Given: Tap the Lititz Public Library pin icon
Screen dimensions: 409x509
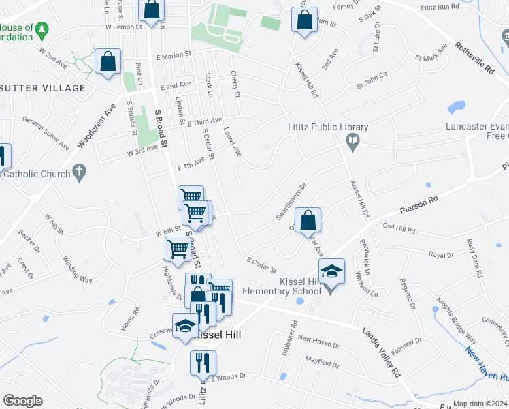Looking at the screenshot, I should click(352, 142).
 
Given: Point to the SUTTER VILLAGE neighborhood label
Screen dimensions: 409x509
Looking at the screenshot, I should click(43, 88).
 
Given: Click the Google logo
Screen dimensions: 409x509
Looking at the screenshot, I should click(22, 400).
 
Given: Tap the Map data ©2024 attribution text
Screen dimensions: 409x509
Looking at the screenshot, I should click(480, 404).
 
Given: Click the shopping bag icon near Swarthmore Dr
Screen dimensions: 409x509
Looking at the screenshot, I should click(308, 222).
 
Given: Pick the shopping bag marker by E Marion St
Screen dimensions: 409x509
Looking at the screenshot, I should click(108, 63).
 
